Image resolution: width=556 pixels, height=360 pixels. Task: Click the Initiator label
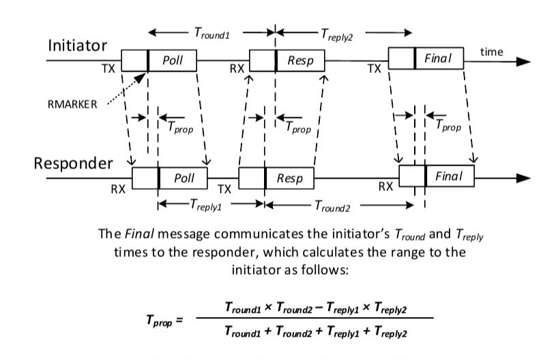(77, 46)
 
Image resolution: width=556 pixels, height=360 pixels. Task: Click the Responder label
(74, 164)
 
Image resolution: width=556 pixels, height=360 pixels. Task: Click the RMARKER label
(72, 104)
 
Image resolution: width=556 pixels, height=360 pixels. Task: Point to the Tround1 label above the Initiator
(212, 33)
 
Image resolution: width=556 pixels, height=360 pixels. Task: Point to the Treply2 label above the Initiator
(337, 35)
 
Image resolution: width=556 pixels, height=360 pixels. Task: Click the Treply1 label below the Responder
(205, 205)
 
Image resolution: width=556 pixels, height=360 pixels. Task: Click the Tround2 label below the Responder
(332, 206)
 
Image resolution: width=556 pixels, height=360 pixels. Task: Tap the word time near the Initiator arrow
(491, 52)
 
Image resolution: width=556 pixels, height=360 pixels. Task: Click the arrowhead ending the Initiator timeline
(523, 61)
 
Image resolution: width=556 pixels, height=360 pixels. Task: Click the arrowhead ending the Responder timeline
(523, 178)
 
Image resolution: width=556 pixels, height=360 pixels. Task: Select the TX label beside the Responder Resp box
(224, 190)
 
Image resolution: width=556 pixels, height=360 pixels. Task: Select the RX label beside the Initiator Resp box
(237, 68)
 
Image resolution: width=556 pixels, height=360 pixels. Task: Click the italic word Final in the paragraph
(139, 234)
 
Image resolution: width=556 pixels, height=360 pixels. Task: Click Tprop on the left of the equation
(160, 320)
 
